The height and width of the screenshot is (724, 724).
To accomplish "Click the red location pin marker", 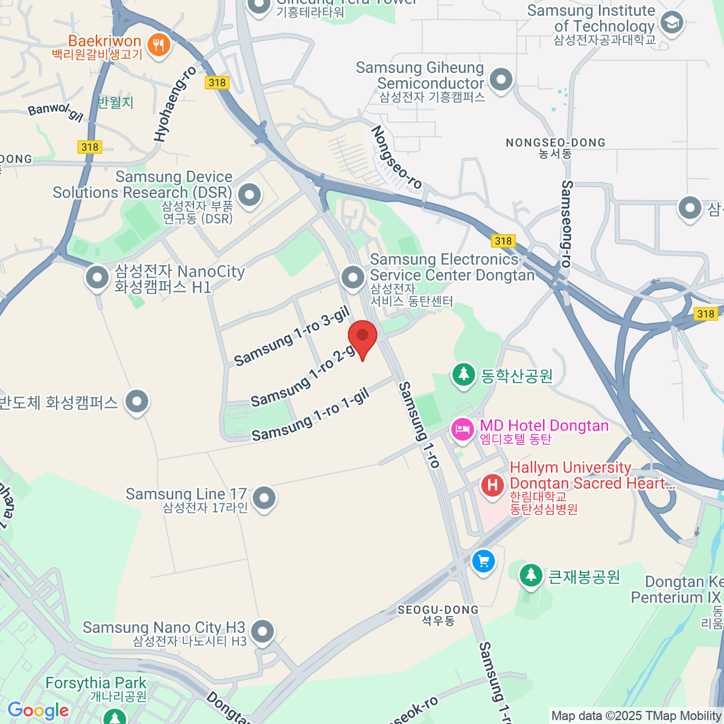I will click(363, 337).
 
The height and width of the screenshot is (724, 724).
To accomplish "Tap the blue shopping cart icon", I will click(483, 562).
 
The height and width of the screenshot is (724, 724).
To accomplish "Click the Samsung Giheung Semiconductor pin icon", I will click(501, 80).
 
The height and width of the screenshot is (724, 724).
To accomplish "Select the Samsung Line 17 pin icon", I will click(264, 498).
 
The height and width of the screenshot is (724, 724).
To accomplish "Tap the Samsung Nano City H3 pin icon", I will click(262, 632).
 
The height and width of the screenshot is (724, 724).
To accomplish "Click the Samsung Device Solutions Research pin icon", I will click(249, 194).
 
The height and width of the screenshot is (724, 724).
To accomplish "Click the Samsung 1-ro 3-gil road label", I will click(292, 336).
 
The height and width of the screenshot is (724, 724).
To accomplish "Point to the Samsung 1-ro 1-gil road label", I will click(310, 416).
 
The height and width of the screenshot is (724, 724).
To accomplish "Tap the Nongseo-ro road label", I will click(396, 157).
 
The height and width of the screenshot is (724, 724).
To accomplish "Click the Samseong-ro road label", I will click(566, 223).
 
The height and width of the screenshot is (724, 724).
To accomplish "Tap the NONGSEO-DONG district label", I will click(555, 143).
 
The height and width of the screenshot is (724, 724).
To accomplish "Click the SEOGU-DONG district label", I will click(437, 610).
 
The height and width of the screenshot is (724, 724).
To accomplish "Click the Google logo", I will click(38, 711).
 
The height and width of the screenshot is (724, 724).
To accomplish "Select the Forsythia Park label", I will click(96, 684).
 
